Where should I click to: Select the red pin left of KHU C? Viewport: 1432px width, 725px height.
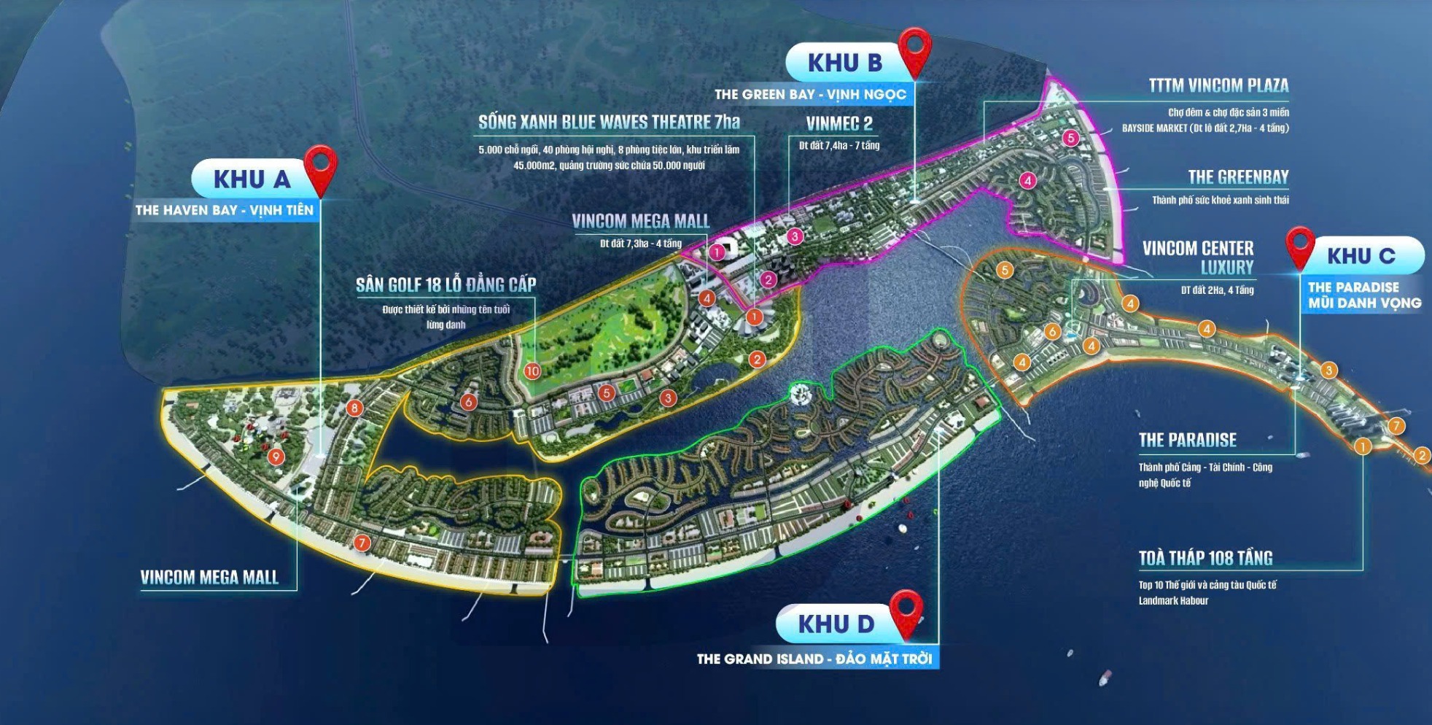click(x=1299, y=245)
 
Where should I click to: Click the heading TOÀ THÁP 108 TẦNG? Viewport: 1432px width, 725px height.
click(x=1205, y=559)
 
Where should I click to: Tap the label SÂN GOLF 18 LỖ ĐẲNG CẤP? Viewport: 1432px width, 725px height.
click(x=445, y=284)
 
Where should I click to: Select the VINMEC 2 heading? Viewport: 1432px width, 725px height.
click(x=838, y=123)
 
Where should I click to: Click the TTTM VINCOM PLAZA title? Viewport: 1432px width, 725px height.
click(x=1218, y=86)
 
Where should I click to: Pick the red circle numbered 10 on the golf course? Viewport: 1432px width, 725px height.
click(x=532, y=371)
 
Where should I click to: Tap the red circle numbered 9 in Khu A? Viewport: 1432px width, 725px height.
click(x=276, y=457)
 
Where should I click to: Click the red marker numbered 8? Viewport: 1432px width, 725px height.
click(x=354, y=408)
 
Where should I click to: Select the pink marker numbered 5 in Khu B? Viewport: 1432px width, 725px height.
click(x=1070, y=137)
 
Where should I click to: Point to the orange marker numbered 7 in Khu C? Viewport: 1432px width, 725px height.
click(x=1396, y=426)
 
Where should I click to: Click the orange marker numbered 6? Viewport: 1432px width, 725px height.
click(x=1051, y=332)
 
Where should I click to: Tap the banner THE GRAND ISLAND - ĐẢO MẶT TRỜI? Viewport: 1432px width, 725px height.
click(x=814, y=659)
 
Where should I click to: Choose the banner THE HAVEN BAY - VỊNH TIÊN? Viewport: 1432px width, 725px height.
click(x=224, y=210)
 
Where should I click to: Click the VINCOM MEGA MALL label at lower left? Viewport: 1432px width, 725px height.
click(x=209, y=578)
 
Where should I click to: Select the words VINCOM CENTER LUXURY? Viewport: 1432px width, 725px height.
click(x=1198, y=257)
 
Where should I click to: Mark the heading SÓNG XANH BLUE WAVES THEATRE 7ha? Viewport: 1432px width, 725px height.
click(x=609, y=123)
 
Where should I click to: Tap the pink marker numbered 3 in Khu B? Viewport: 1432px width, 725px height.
click(x=795, y=236)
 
